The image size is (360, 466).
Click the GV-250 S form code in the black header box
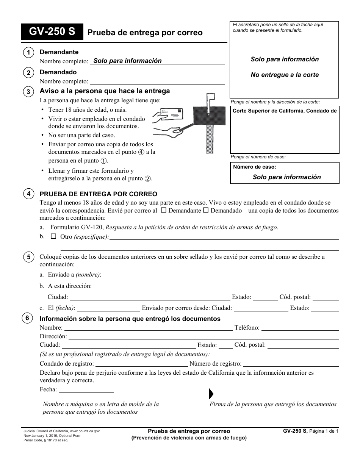(x=52, y=32)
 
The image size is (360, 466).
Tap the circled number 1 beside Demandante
(x=28, y=53)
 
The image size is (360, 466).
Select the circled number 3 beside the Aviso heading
(x=28, y=92)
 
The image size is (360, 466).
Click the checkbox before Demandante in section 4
(x=163, y=210)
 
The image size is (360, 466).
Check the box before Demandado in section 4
(x=206, y=210)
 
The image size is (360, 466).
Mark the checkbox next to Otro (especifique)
(x=53, y=236)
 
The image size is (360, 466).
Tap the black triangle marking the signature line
(x=211, y=394)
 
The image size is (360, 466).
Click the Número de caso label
(x=254, y=167)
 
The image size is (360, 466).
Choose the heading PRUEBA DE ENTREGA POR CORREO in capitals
(x=99, y=194)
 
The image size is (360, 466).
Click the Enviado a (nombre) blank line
(x=221, y=275)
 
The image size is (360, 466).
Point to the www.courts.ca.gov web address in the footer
(x=85, y=431)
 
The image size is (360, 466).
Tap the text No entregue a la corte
(x=285, y=75)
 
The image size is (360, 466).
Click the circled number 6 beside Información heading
(x=28, y=318)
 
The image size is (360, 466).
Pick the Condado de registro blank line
(x=142, y=364)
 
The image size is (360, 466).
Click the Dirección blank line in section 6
(x=203, y=336)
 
